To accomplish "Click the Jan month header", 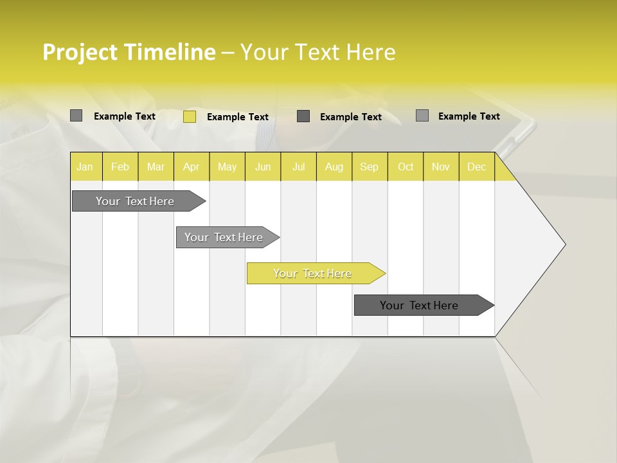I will click(x=85, y=167).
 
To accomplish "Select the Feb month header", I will click(x=120, y=167).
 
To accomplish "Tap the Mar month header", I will click(x=156, y=167).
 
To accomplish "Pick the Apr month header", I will click(x=192, y=167).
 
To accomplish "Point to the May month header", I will click(x=227, y=167).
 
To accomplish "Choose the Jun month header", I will click(x=263, y=167).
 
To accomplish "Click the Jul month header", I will click(x=298, y=167).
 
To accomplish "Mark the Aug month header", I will click(x=334, y=167).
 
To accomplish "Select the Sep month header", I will click(x=369, y=167).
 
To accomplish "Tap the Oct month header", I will click(x=406, y=167).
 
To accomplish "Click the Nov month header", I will click(x=441, y=167).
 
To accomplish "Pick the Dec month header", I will click(x=476, y=167).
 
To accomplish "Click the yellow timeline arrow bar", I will click(x=315, y=273).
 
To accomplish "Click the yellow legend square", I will click(x=190, y=116).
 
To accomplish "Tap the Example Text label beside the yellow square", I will click(x=237, y=117).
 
